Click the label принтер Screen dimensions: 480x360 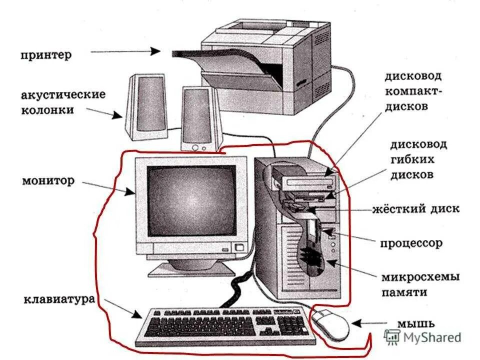(46, 54)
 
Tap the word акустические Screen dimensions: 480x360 (63, 94)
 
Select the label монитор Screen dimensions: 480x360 (48, 179)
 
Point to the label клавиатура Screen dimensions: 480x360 (59, 300)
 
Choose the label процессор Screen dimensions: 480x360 (411, 243)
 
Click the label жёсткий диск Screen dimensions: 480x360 (415, 208)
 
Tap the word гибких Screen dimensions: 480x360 (412, 160)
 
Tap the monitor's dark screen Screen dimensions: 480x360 (191, 200)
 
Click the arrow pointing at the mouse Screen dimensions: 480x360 (369, 323)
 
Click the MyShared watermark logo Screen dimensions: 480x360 (422, 337)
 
